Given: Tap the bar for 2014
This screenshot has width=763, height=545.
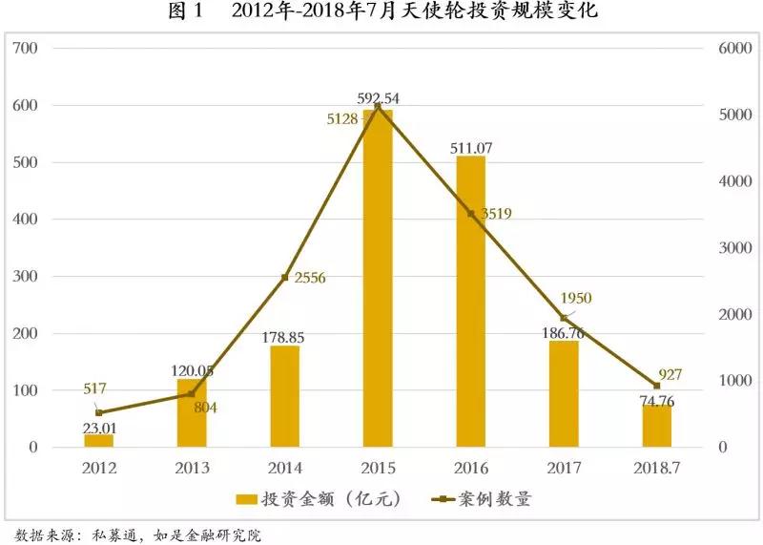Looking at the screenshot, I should point(285,396).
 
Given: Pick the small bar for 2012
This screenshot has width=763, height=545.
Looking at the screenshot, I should point(99,440).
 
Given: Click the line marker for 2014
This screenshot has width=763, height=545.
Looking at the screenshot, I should point(285,278).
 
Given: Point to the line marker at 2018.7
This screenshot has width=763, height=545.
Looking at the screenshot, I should point(656,386).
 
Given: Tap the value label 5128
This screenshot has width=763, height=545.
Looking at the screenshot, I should point(343,119).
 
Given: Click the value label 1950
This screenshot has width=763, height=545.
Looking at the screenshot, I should point(575,299).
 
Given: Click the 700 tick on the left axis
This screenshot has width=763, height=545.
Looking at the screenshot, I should point(27,49).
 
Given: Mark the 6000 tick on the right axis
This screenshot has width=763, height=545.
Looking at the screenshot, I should point(734,49).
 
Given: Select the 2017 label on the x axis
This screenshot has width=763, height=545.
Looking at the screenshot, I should point(564,468).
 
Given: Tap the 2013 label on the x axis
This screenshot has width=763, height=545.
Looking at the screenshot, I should point(192,468).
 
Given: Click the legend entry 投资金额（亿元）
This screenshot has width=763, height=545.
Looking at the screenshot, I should point(320,499).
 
